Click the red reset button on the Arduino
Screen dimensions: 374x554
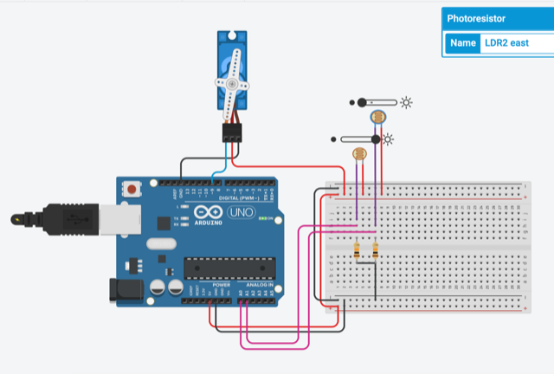(132, 188)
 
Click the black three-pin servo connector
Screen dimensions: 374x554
(232, 132)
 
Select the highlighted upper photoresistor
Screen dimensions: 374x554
(377, 115)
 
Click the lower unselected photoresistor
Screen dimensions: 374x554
(358, 154)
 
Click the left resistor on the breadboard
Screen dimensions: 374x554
(358, 251)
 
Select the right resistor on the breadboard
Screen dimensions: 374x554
(375, 251)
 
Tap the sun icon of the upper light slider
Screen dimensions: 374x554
(405, 102)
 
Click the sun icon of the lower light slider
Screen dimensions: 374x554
(389, 139)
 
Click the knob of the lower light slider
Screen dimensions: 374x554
(376, 139)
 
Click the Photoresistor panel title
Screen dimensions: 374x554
(475, 18)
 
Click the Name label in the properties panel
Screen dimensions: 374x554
(463, 43)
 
